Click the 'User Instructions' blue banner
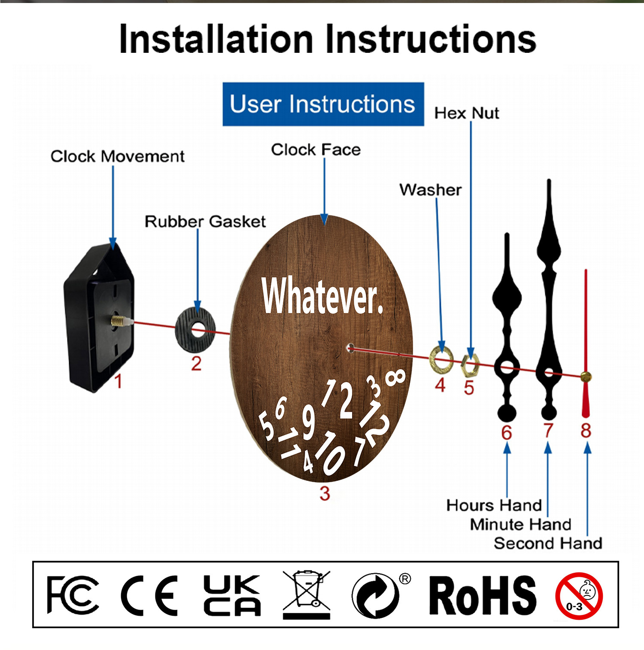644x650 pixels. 323,104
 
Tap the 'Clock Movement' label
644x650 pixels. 118,156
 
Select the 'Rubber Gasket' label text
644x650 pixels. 205,222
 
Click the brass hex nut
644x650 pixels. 470,366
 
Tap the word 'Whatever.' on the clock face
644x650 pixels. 322,296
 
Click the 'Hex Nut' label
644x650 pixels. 467,113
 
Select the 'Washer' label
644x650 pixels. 431,190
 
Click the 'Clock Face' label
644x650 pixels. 316,150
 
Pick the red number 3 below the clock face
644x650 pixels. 325,494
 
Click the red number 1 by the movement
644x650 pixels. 118,381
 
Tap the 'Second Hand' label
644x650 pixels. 548,543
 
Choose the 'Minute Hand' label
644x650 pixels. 520,524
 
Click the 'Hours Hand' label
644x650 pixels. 494,505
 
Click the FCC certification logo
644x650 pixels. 73,595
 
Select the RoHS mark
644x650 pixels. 483,595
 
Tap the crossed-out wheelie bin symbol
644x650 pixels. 307,595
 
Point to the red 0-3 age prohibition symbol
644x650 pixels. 579,596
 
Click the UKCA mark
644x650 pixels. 232,595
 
